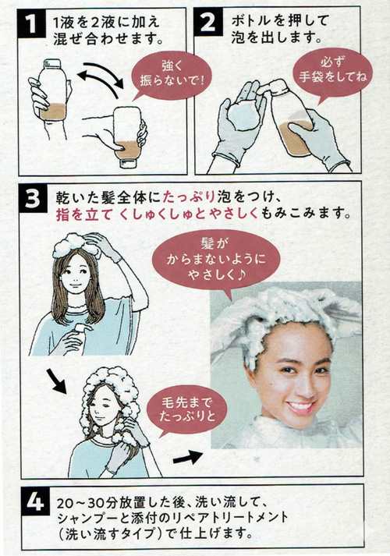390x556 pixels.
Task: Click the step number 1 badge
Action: tap(31, 23)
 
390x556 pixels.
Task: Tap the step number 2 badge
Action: tap(208, 23)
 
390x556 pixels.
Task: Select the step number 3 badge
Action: tap(33, 200)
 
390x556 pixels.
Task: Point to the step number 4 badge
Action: tap(35, 502)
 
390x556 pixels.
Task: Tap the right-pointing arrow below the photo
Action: tap(188, 458)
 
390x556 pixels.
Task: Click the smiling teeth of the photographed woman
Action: tap(300, 405)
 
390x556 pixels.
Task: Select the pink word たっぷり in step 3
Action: tap(189, 197)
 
